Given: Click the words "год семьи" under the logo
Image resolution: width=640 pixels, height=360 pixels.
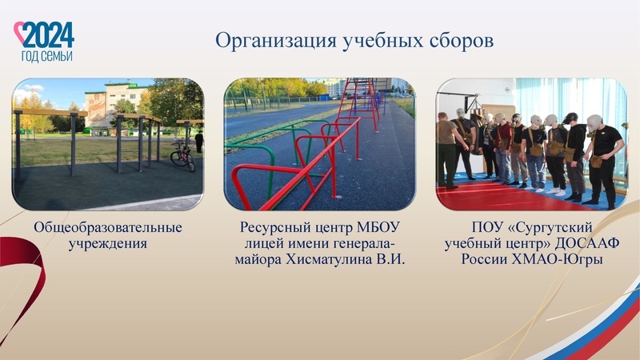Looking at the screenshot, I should pos(46,56).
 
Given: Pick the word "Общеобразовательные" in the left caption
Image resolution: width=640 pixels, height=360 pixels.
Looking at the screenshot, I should pos(108,228).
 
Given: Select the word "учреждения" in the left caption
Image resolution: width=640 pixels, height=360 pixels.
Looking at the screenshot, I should pos(108,244).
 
